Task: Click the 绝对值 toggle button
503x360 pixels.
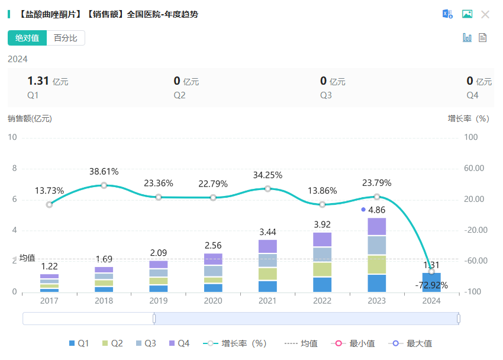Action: point(27,38)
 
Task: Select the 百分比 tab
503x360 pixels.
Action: point(65,38)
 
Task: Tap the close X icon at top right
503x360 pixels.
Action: point(485,14)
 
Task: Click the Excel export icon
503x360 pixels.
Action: point(448,14)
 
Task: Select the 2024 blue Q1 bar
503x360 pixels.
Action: point(431,282)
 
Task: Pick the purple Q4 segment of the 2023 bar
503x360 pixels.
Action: point(377,227)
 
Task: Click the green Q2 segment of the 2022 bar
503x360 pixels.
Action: point(323,269)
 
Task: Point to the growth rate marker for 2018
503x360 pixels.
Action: point(104,185)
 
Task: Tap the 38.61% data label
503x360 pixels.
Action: point(104,172)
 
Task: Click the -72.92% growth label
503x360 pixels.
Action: point(431,285)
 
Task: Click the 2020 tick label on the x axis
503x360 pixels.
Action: point(213,301)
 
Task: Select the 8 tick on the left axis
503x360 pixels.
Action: point(15,168)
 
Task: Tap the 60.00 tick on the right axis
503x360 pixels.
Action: point(474,168)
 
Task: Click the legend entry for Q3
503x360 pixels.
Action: point(146,343)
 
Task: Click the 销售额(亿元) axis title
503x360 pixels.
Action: point(30,118)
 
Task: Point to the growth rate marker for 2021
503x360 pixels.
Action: point(268,189)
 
